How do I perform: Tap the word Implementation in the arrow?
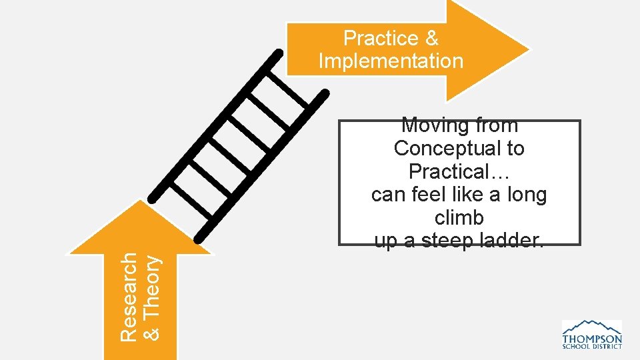click(391, 61)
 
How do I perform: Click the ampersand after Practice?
click(431, 38)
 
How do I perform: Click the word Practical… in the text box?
click(459, 171)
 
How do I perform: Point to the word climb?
click(459, 218)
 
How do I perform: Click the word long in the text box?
click(527, 195)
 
